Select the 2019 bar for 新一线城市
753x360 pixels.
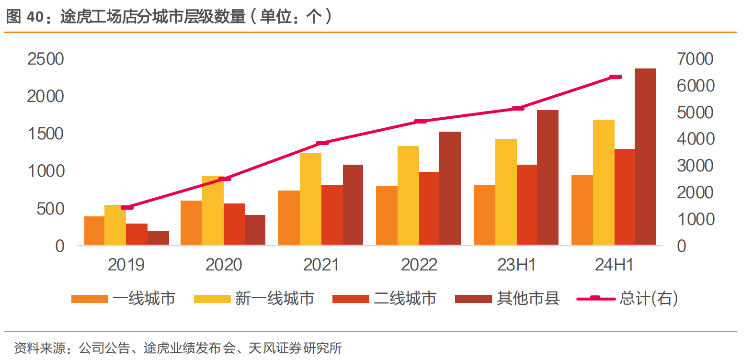[x=115, y=225]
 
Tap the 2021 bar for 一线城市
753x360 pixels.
[x=289, y=218]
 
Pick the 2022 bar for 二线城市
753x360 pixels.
[x=429, y=208]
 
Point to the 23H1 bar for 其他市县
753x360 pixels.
[x=548, y=178]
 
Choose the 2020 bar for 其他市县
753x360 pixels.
[x=255, y=230]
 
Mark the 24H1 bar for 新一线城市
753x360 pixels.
[x=604, y=182]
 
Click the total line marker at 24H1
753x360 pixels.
[x=616, y=77]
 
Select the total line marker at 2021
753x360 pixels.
[x=322, y=143]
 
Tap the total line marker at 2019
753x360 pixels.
[x=127, y=207]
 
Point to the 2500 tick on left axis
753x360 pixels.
[x=46, y=59]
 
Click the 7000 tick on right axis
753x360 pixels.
[x=695, y=59]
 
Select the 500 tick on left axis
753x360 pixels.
[x=50, y=209]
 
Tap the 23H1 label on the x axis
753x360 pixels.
[x=516, y=265]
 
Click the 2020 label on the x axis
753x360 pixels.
[x=224, y=265]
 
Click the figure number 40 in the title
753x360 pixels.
[x=35, y=17]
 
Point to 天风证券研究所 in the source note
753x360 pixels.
[x=295, y=348]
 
